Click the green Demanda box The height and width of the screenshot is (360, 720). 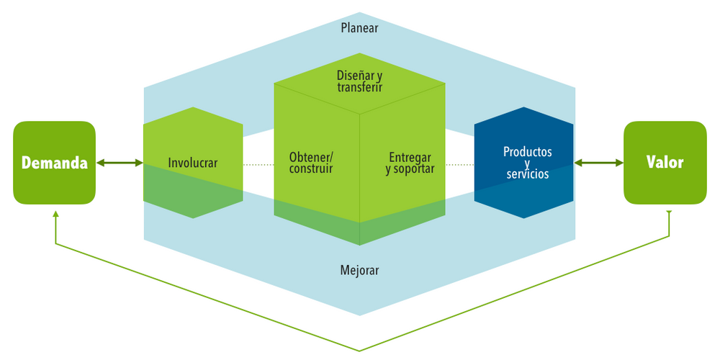click(54, 163)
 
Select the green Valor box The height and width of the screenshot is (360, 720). click(665, 163)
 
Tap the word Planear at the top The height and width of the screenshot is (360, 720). click(359, 28)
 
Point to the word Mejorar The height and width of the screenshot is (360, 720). click(359, 271)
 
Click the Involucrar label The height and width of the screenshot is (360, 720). click(192, 163)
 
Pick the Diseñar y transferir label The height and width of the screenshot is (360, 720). click(359, 81)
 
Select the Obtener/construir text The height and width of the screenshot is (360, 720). click(311, 163)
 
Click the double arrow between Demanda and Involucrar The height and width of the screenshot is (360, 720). click(120, 163)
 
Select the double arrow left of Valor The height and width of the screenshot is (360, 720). click(598, 163)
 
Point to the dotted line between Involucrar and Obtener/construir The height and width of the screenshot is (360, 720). click(258, 165)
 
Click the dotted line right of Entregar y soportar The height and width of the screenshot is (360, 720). click(459, 165)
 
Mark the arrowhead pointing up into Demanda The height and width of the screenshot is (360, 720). click(55, 215)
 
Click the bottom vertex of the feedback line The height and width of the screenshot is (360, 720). click(359, 351)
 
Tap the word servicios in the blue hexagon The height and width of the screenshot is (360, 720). click(528, 175)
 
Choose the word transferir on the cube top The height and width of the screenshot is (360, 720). click(359, 87)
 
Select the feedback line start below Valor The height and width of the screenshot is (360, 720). click(670, 213)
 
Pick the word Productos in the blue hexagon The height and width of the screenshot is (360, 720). click(528, 152)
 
